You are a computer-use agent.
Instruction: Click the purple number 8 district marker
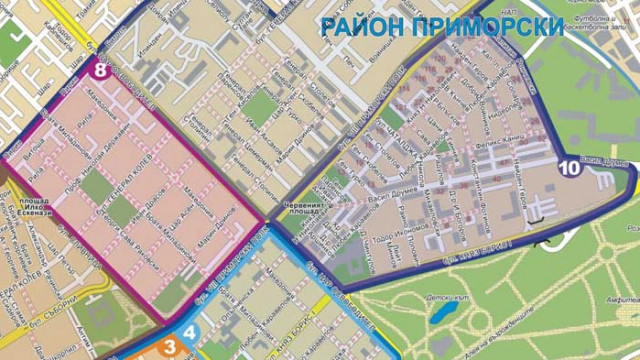(99, 69)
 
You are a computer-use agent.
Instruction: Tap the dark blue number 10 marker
(569, 167)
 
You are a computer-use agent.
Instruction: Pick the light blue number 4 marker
(189, 334)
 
